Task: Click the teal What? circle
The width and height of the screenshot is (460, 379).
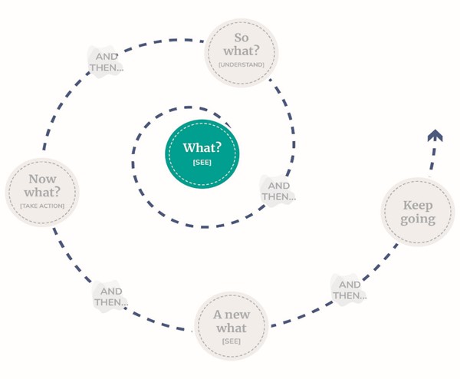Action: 202,154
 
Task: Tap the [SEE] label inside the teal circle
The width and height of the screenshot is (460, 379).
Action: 202,163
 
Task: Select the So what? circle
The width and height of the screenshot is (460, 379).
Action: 242,53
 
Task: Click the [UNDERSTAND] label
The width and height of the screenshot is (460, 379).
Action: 242,64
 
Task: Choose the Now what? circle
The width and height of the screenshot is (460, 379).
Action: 42,193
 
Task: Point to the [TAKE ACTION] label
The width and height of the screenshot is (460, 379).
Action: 42,206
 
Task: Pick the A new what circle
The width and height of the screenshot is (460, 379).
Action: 232,325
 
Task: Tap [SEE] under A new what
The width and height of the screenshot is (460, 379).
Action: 232,341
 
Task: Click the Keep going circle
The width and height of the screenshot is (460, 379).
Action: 418,212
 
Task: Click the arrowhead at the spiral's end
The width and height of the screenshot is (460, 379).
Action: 435,136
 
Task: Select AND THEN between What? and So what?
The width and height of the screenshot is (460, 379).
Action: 279,191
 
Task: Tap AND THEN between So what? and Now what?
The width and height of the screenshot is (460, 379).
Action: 107,62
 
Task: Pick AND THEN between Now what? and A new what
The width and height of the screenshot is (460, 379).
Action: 111,296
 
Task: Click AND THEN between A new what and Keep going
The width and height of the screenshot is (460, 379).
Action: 350,290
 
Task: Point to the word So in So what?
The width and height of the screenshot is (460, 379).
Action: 242,38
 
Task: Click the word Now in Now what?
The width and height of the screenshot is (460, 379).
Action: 42,179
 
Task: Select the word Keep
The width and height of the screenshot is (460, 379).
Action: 418,206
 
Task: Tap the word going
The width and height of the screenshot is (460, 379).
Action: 418,219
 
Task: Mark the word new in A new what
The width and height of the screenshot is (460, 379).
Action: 238,315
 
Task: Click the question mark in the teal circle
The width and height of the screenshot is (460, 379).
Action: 218,147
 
